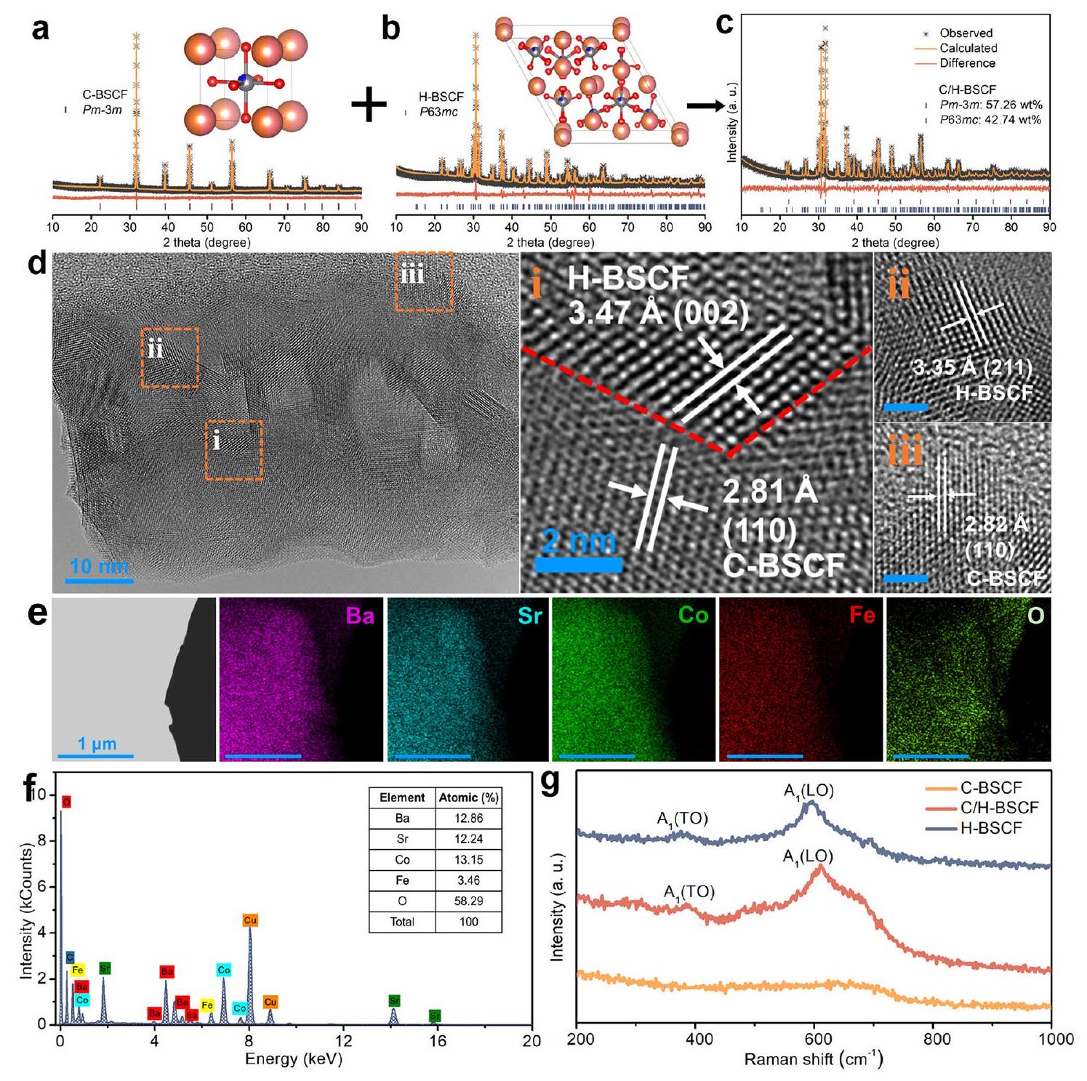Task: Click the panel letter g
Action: click(551, 783)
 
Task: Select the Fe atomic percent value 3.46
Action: click(468, 880)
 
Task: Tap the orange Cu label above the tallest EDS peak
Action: click(250, 920)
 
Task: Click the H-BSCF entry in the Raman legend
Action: click(990, 828)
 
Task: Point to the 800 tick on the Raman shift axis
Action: click(936, 1039)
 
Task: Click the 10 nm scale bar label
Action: click(99, 566)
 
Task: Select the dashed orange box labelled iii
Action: click(424, 281)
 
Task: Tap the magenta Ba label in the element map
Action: click(360, 616)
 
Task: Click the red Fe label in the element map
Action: click(862, 616)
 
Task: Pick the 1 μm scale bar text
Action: click(97, 744)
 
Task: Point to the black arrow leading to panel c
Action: click(705, 105)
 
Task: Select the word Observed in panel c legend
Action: click(966, 33)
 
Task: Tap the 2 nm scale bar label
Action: click(579, 542)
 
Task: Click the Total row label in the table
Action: click(402, 922)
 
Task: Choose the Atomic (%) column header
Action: click(468, 797)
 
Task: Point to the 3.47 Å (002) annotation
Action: click(658, 313)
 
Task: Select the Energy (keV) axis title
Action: click(293, 1058)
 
